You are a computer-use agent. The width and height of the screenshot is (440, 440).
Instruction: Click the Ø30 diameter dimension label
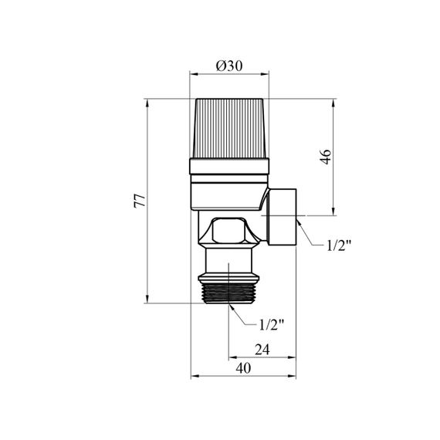[x=229, y=66]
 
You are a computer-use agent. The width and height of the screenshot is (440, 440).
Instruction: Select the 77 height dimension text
[x=140, y=201]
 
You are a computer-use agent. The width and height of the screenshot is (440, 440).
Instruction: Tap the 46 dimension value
[x=326, y=157]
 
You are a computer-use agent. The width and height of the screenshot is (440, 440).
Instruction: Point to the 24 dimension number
[x=262, y=350]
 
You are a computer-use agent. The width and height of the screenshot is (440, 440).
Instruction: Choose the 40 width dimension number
[x=243, y=368]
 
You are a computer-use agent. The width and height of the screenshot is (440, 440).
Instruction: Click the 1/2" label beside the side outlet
[x=339, y=245]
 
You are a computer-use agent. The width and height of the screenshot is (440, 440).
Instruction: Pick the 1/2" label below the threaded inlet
[x=272, y=325]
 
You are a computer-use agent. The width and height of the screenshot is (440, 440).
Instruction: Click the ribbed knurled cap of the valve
[x=229, y=128]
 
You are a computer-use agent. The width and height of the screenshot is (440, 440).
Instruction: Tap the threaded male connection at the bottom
[x=228, y=293]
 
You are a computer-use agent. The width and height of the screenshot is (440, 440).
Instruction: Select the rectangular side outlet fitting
[x=281, y=217]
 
